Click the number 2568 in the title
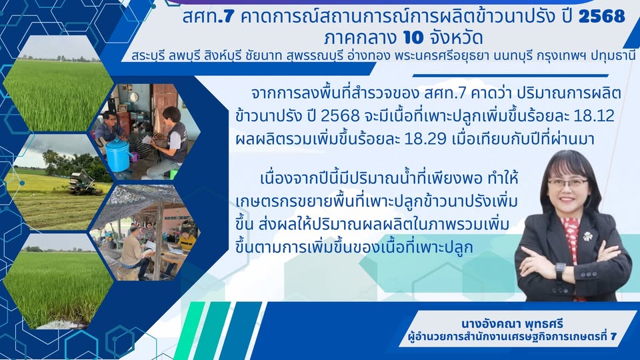pyautogui.click(x=601, y=16)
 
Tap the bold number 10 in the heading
pyautogui.click(x=413, y=37)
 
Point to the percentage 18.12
pyautogui.click(x=594, y=116)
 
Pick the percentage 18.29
pyautogui.click(x=426, y=139)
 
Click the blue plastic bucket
pyautogui.click(x=118, y=155)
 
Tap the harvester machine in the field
pyautogui.click(x=85, y=183)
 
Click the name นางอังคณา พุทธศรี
pyautogui.click(x=512, y=324)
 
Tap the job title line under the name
pyautogui.click(x=512, y=337)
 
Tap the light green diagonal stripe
pyautogui.click(x=189, y=331)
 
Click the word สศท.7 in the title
pyautogui.click(x=208, y=16)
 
